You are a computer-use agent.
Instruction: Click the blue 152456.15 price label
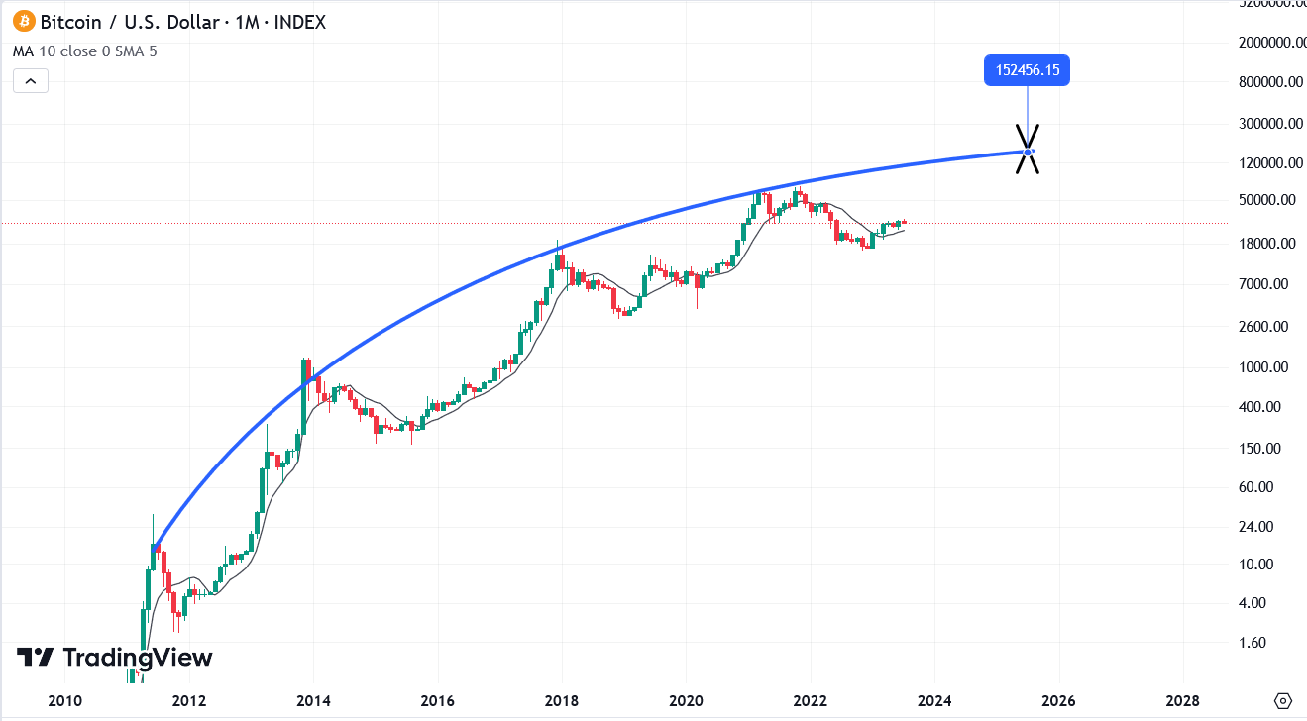[x=1027, y=71]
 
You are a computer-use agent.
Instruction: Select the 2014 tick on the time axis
[x=313, y=701]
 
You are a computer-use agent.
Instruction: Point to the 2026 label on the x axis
[x=1059, y=701]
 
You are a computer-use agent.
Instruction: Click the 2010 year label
[x=64, y=701]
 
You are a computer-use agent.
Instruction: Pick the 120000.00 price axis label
[x=1270, y=162]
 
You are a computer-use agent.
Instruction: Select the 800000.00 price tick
[x=1270, y=82]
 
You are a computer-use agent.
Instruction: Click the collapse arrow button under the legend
[x=31, y=80]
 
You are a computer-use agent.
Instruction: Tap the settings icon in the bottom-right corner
[x=1283, y=701]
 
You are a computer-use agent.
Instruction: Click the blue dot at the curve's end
[x=1028, y=152]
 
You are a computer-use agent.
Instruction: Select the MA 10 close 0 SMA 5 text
[x=84, y=51]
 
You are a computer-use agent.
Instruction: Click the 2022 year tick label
[x=811, y=701]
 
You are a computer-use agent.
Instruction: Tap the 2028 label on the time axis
[x=1183, y=701]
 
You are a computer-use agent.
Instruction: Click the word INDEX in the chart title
[x=298, y=21]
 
